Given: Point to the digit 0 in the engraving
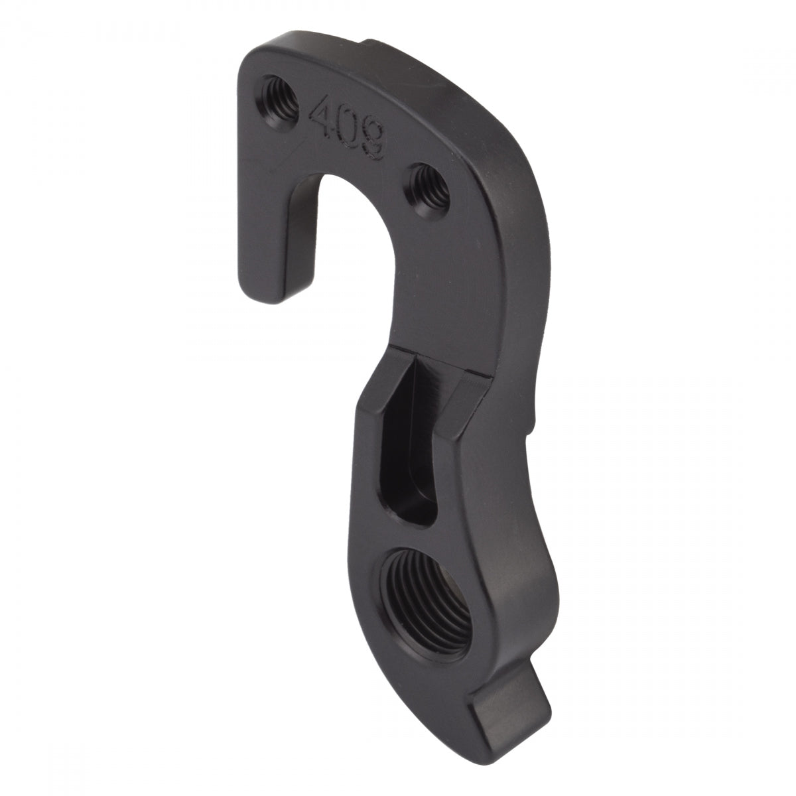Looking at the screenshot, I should point(348,128).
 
